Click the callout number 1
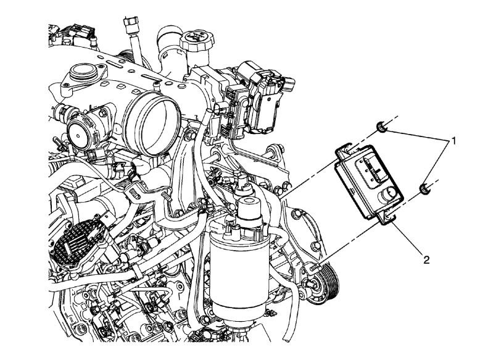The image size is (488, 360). point(453,141)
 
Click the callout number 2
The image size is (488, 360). point(424,260)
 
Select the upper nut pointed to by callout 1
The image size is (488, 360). point(382,128)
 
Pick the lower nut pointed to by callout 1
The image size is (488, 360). point(424,188)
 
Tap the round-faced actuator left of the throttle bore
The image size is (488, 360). point(81,132)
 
